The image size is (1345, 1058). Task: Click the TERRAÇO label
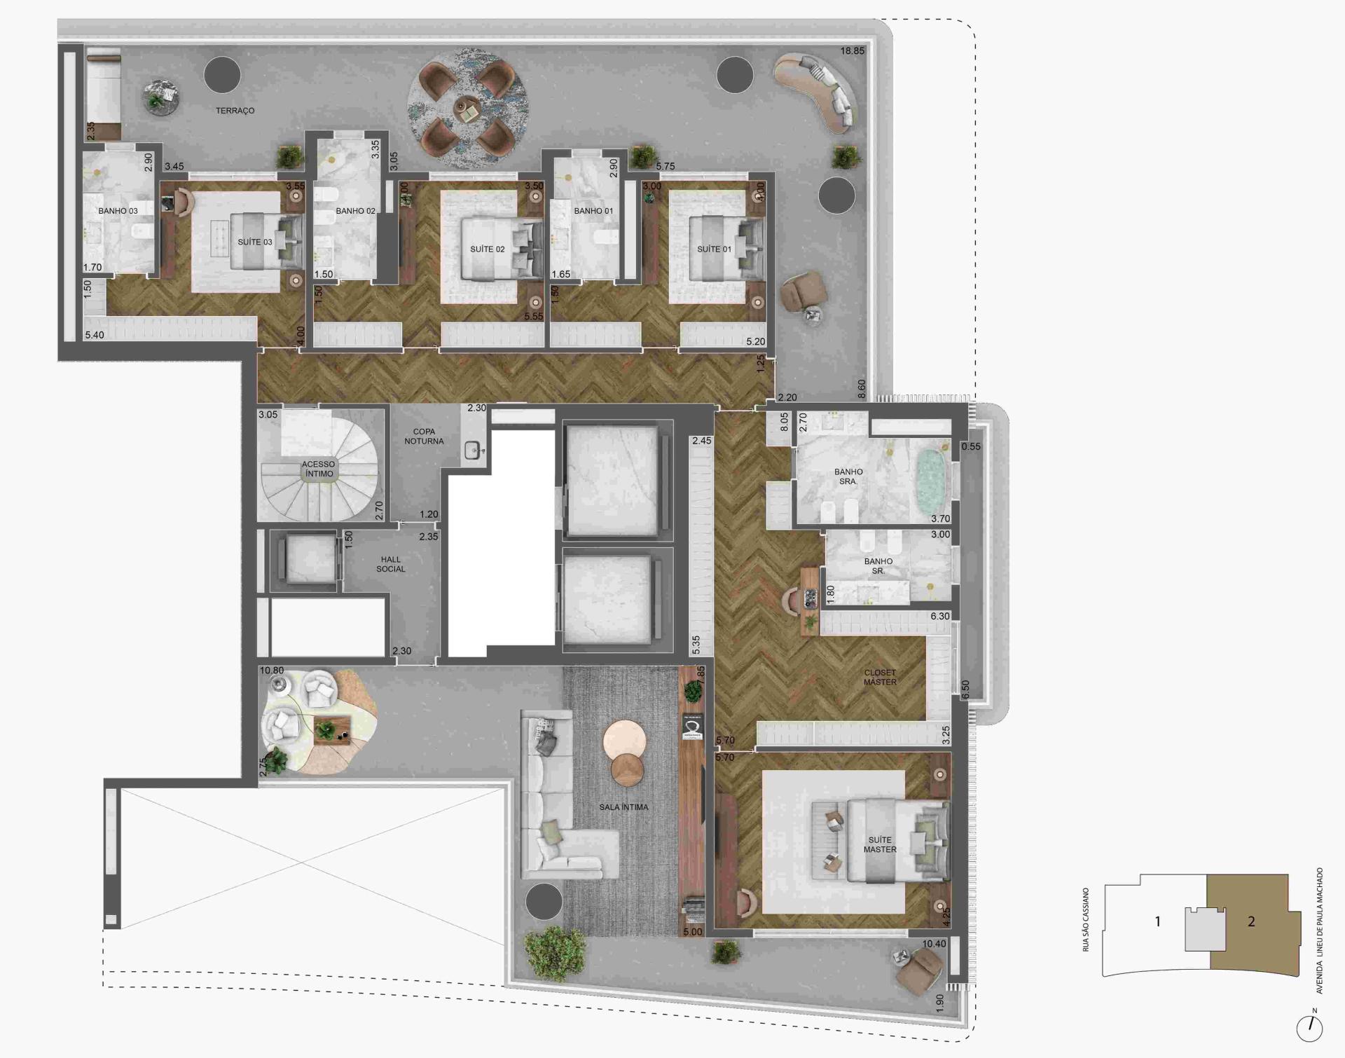click(x=235, y=111)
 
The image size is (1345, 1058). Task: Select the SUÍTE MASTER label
click(x=880, y=844)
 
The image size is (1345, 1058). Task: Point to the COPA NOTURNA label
click(x=424, y=437)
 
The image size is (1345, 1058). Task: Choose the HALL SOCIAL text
click(x=391, y=564)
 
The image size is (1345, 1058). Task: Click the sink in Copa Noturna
click(x=474, y=451)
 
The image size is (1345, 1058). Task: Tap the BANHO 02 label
click(x=355, y=211)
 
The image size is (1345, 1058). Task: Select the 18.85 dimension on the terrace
click(x=852, y=51)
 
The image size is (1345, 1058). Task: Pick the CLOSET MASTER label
click(x=880, y=677)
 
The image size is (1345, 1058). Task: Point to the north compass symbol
click(x=1309, y=1027)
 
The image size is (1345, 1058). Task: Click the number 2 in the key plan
click(x=1251, y=922)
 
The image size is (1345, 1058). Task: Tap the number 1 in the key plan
click(x=1157, y=922)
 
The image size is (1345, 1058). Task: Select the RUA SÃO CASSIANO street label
click(x=1086, y=919)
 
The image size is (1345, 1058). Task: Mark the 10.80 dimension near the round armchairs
click(x=272, y=671)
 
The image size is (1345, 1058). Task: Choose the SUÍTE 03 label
click(x=255, y=242)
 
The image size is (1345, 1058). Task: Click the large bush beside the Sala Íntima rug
click(x=555, y=953)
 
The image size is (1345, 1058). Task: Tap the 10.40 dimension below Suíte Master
click(x=934, y=944)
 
